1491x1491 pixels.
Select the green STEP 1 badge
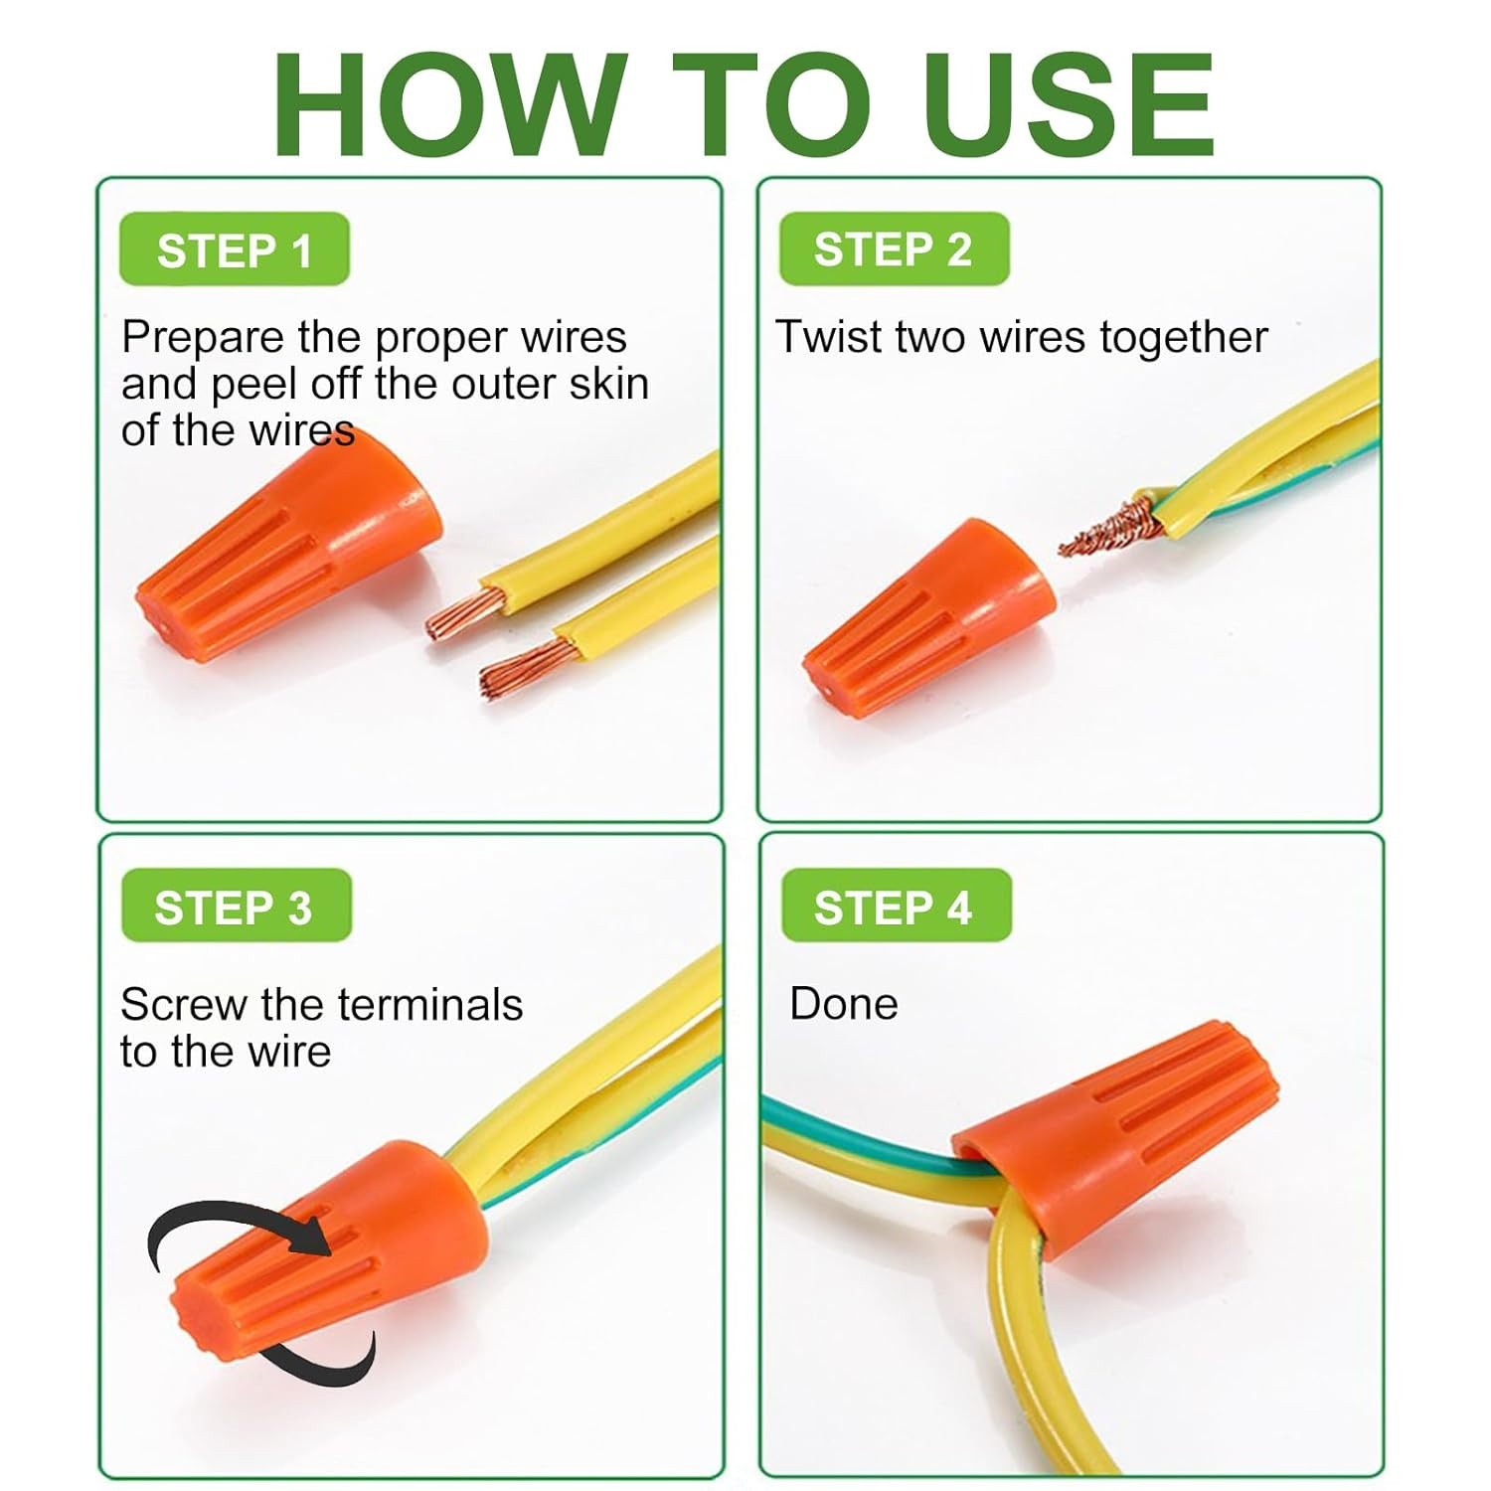[235, 249]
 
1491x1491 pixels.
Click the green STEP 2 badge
[894, 248]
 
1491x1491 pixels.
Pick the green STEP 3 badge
[236, 906]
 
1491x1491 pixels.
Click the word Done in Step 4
[843, 1004]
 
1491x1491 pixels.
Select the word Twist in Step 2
[830, 337]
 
